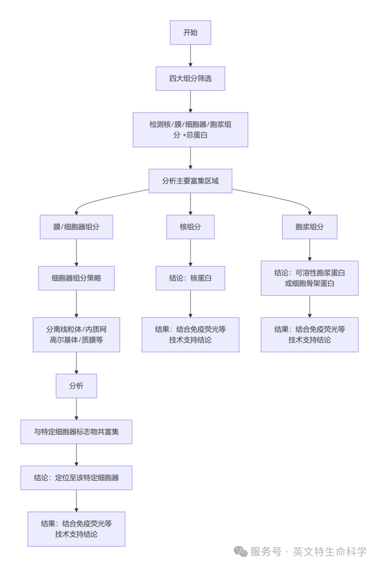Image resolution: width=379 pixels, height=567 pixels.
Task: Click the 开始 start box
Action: pos(190,33)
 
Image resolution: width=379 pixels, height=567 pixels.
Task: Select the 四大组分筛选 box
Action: pos(190,79)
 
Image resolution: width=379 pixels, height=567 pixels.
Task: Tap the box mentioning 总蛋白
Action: pos(190,129)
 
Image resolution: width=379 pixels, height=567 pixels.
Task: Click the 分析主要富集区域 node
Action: pos(190,181)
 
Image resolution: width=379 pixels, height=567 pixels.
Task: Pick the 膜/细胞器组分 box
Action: pos(76,227)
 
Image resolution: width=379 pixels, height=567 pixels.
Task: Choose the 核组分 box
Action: pos(190,227)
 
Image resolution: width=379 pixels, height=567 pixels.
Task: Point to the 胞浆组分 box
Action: pos(310,227)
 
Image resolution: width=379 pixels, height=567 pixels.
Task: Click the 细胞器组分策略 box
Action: pos(76,278)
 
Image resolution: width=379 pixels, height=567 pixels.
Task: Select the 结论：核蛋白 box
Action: pos(190,278)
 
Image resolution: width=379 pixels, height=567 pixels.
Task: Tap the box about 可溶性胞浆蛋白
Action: pos(310,278)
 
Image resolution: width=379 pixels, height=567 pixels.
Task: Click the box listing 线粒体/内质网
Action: pos(76,335)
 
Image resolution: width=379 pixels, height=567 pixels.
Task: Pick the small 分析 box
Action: pos(76,386)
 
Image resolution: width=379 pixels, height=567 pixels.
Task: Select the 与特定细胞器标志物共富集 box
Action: pos(76,432)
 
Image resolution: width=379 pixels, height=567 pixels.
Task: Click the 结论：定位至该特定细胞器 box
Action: pos(76,478)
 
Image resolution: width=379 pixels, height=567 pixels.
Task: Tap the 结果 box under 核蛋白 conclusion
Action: pos(190,335)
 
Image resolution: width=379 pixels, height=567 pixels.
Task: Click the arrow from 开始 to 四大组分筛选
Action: pos(190,55)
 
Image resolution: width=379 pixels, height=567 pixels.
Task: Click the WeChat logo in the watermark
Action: pos(241,552)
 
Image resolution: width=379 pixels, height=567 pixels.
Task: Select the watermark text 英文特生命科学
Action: pos(330,552)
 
